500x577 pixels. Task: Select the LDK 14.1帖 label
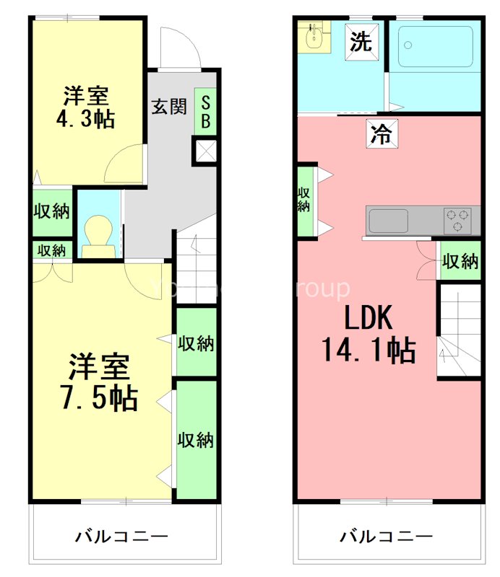click(368, 333)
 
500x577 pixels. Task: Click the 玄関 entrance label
click(168, 106)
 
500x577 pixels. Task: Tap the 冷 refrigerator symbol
click(381, 133)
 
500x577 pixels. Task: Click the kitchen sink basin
click(388, 221)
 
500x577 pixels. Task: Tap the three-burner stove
click(457, 220)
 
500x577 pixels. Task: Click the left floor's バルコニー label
click(122, 537)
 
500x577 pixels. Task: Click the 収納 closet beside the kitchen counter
click(460, 261)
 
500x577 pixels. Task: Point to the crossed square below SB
click(205, 151)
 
